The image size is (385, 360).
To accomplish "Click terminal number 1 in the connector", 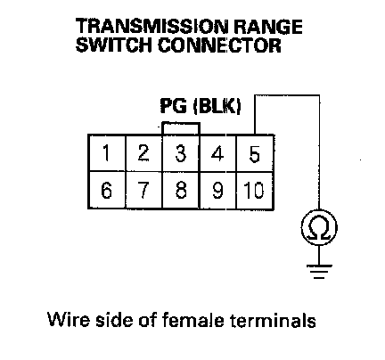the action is click(107, 153).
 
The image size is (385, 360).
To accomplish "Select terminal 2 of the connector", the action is click(144, 153).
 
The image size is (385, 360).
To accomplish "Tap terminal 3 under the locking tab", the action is click(181, 153).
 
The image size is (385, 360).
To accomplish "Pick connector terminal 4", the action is click(217, 153).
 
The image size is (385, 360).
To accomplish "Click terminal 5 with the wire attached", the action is click(255, 153).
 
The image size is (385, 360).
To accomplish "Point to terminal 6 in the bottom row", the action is click(107, 190).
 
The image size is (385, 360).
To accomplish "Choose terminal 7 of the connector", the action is click(144, 190).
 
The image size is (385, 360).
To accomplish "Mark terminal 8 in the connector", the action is click(181, 190).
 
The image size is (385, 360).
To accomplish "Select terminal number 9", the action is click(217, 190).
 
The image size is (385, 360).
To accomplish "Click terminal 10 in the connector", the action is click(255, 190).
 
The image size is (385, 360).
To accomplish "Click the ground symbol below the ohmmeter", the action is click(319, 271).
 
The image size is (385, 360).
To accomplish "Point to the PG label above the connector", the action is click(174, 105).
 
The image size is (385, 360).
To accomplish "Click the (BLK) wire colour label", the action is click(217, 106).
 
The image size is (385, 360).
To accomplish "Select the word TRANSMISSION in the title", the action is click(152, 27).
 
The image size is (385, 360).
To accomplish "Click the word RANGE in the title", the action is click(268, 27).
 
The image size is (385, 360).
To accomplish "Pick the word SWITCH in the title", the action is click(114, 45).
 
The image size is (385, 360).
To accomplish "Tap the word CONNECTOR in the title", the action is click(219, 45).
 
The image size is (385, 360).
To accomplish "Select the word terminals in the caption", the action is click(273, 320).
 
